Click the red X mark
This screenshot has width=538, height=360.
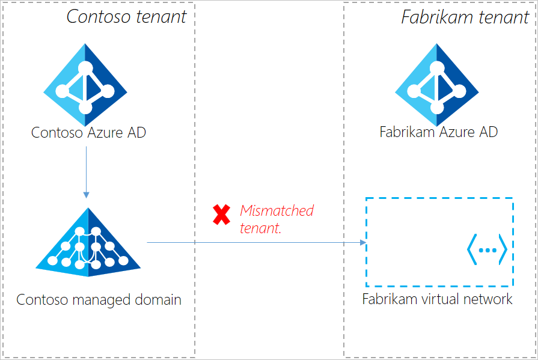pos(222,215)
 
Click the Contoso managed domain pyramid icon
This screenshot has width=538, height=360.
pos(88,243)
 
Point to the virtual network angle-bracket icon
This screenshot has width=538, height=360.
pos(487,248)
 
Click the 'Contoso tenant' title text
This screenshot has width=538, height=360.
pos(127,16)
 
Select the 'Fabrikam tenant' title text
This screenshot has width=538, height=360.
pos(465,16)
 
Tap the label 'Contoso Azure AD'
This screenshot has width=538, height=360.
pos(88,132)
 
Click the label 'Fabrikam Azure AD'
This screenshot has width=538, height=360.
pos(438,132)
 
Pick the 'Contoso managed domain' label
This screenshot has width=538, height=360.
pos(99,299)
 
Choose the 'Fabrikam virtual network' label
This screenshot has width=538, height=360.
pos(437,299)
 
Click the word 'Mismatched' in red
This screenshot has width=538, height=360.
pos(277,211)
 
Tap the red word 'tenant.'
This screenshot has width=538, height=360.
pos(260,228)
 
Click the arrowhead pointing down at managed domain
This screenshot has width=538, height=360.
pos(87,194)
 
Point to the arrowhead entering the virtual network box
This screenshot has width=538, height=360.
pos(362,242)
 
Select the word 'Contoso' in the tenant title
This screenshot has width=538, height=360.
pos(96,16)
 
